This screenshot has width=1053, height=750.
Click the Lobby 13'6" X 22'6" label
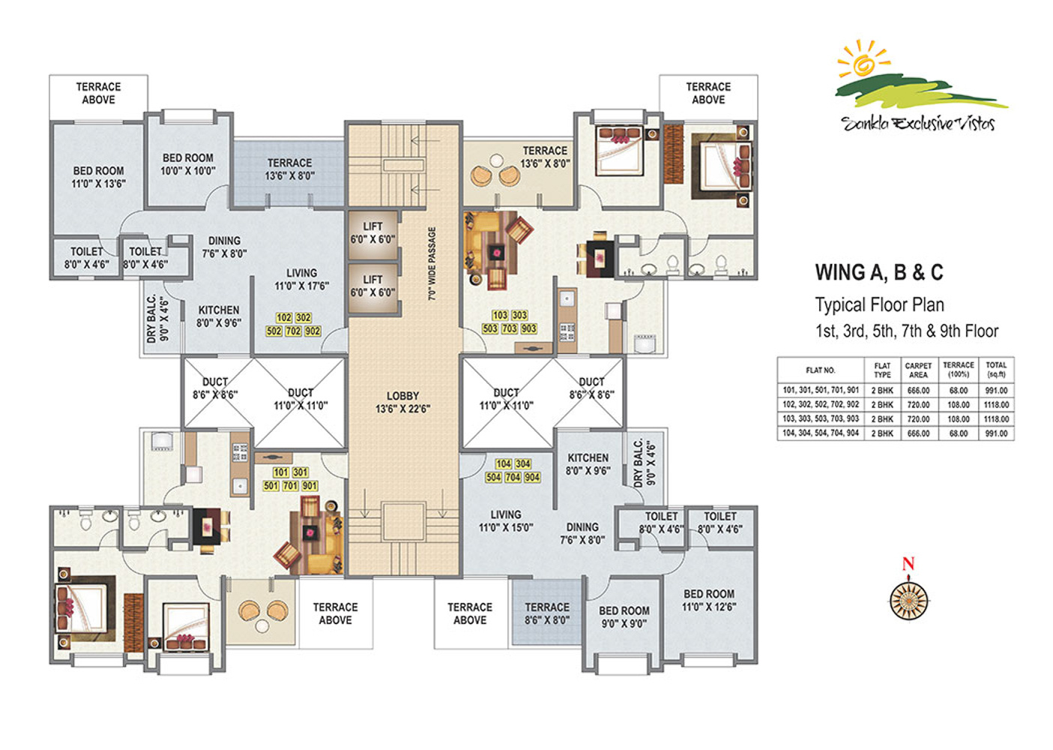(403, 402)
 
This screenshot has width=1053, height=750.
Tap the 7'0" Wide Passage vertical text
(432, 263)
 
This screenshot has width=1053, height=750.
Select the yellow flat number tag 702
(293, 331)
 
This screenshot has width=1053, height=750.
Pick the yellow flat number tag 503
(490, 328)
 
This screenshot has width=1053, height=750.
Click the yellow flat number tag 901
(310, 485)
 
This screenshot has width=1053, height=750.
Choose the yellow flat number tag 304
(522, 464)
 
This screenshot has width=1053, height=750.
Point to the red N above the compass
(908, 564)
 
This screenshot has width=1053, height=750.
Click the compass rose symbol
(909, 601)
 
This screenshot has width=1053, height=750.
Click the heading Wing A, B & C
(879, 272)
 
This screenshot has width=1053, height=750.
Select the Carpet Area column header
(918, 370)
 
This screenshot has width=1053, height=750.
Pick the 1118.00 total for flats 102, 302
(996, 405)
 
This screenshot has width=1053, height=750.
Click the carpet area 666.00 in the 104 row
(918, 433)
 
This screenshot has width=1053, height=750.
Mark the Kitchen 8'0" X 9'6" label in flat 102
(219, 316)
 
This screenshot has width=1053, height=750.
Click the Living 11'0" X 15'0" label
(506, 520)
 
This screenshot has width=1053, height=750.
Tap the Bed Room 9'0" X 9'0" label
(624, 616)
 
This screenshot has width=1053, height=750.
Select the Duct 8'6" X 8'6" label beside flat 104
(591, 388)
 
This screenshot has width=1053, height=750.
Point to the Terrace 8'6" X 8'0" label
(546, 613)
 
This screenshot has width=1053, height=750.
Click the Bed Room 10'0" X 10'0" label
(188, 164)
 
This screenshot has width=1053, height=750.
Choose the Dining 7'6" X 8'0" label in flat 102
(224, 247)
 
